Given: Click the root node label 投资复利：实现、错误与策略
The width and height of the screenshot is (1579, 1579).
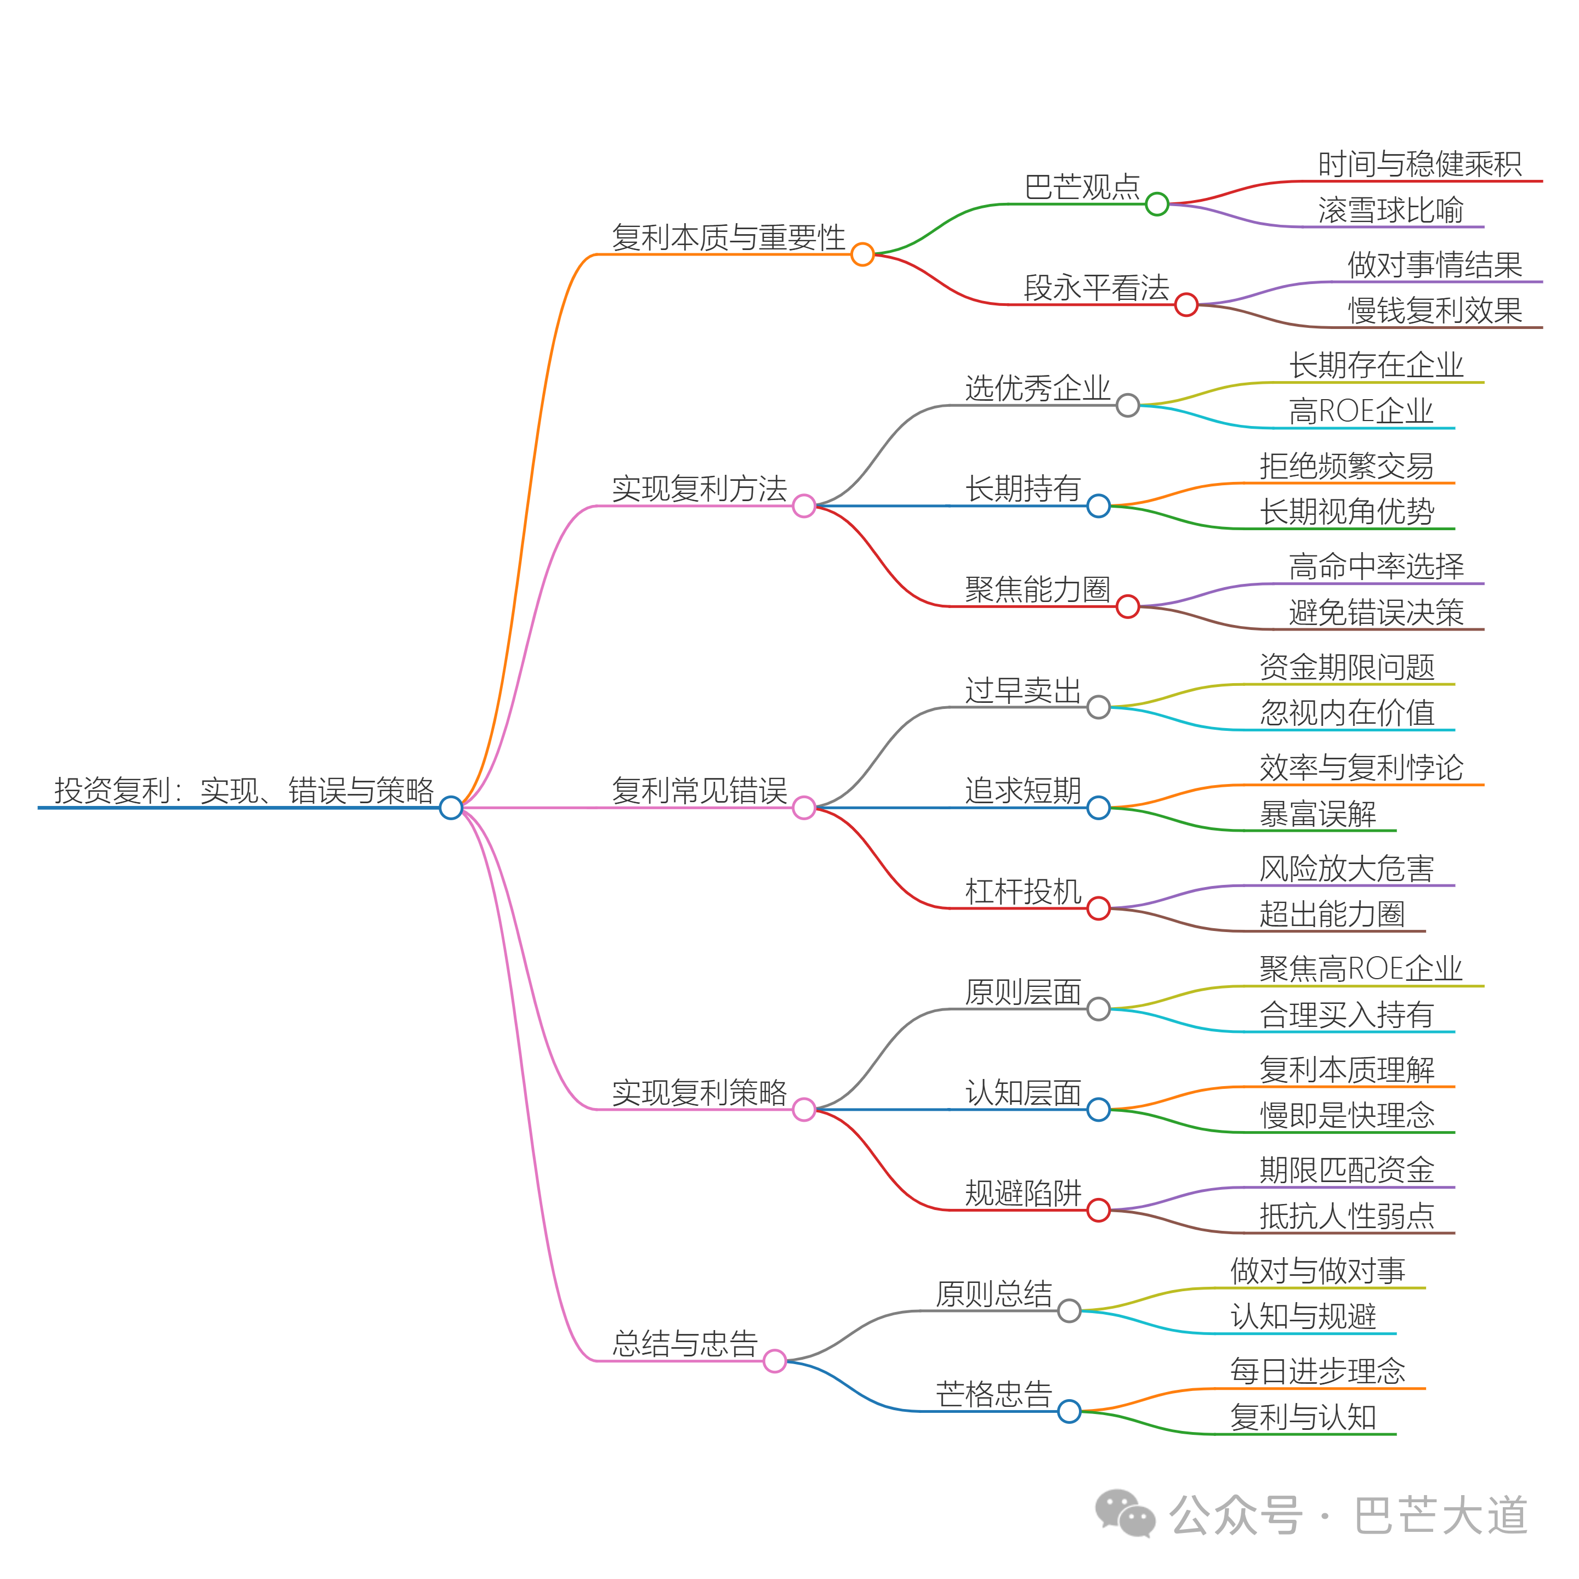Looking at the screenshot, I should pyautogui.click(x=243, y=790).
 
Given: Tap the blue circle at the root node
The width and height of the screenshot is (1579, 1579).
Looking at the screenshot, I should pyautogui.click(x=450, y=808).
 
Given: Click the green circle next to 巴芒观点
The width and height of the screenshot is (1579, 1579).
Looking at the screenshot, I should pyautogui.click(x=1156, y=205).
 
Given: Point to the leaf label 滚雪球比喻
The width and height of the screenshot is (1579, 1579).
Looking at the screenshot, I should pyautogui.click(x=1390, y=210).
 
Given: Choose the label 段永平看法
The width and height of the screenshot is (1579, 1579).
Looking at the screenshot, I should pyautogui.click(x=1096, y=288).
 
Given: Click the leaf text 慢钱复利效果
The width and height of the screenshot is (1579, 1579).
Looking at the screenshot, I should pyautogui.click(x=1434, y=310).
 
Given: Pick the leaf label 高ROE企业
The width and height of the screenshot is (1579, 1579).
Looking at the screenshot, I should pyautogui.click(x=1361, y=411).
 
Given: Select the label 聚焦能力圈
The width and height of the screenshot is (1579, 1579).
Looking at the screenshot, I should pyautogui.click(x=1037, y=589).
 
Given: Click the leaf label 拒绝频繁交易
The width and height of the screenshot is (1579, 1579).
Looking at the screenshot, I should pyautogui.click(x=1346, y=466).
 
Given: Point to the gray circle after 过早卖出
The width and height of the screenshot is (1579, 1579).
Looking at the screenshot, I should pyautogui.click(x=1098, y=707).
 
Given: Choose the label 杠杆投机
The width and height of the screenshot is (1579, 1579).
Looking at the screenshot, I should pyautogui.click(x=1023, y=891).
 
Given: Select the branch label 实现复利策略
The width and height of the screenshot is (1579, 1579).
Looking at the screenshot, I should pyautogui.click(x=699, y=1092).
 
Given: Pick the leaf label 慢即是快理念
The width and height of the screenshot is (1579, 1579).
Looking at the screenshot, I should pyautogui.click(x=1346, y=1115).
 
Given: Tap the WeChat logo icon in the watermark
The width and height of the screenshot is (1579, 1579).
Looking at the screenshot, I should pyautogui.click(x=1124, y=1514).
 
